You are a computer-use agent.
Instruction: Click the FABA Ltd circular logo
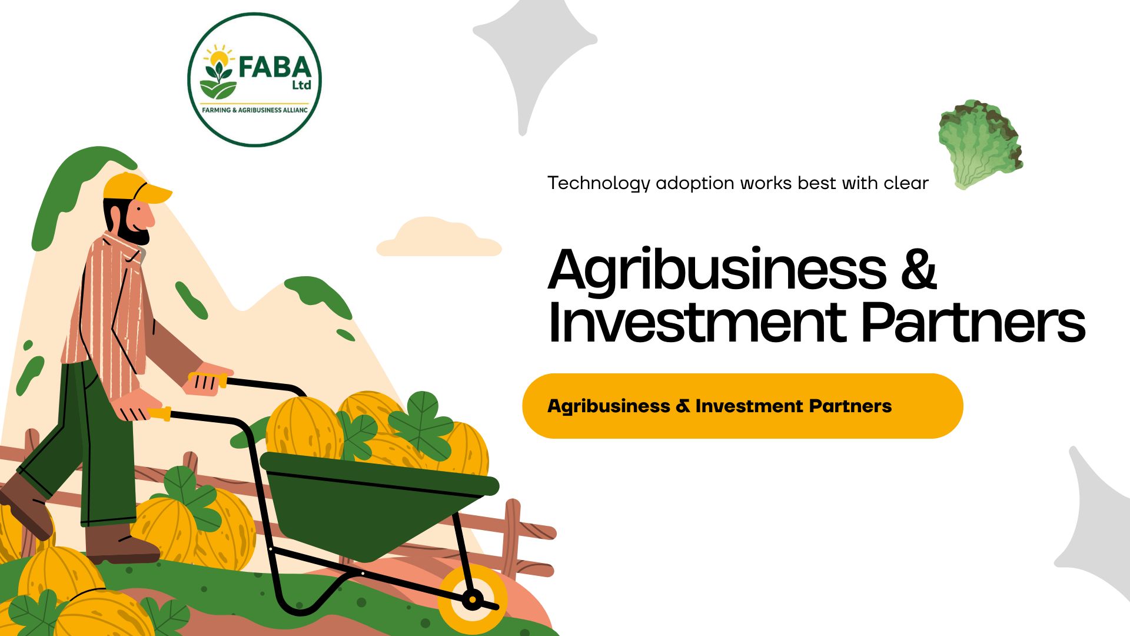click(254, 79)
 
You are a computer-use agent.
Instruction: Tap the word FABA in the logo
click(274, 67)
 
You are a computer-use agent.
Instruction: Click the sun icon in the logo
click(219, 58)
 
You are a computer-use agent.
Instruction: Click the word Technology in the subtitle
click(599, 184)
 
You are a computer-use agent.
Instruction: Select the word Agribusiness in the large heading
click(717, 270)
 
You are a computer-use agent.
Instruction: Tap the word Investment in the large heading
click(697, 322)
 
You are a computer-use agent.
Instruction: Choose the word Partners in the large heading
click(973, 322)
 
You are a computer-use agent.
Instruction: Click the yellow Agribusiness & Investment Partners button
click(743, 406)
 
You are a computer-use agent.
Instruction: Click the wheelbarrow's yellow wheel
click(473, 599)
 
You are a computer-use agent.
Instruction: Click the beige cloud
click(438, 237)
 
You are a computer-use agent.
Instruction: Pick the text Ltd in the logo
click(301, 85)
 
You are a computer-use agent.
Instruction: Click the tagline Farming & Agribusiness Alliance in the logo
click(255, 110)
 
